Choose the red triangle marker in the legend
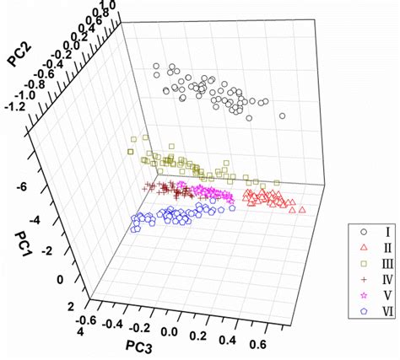click(362, 247)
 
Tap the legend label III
click(383, 263)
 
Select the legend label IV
click(383, 279)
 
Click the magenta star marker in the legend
click(362, 295)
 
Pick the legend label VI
click(383, 311)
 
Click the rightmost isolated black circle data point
click(283, 116)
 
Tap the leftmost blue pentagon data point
click(134, 225)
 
